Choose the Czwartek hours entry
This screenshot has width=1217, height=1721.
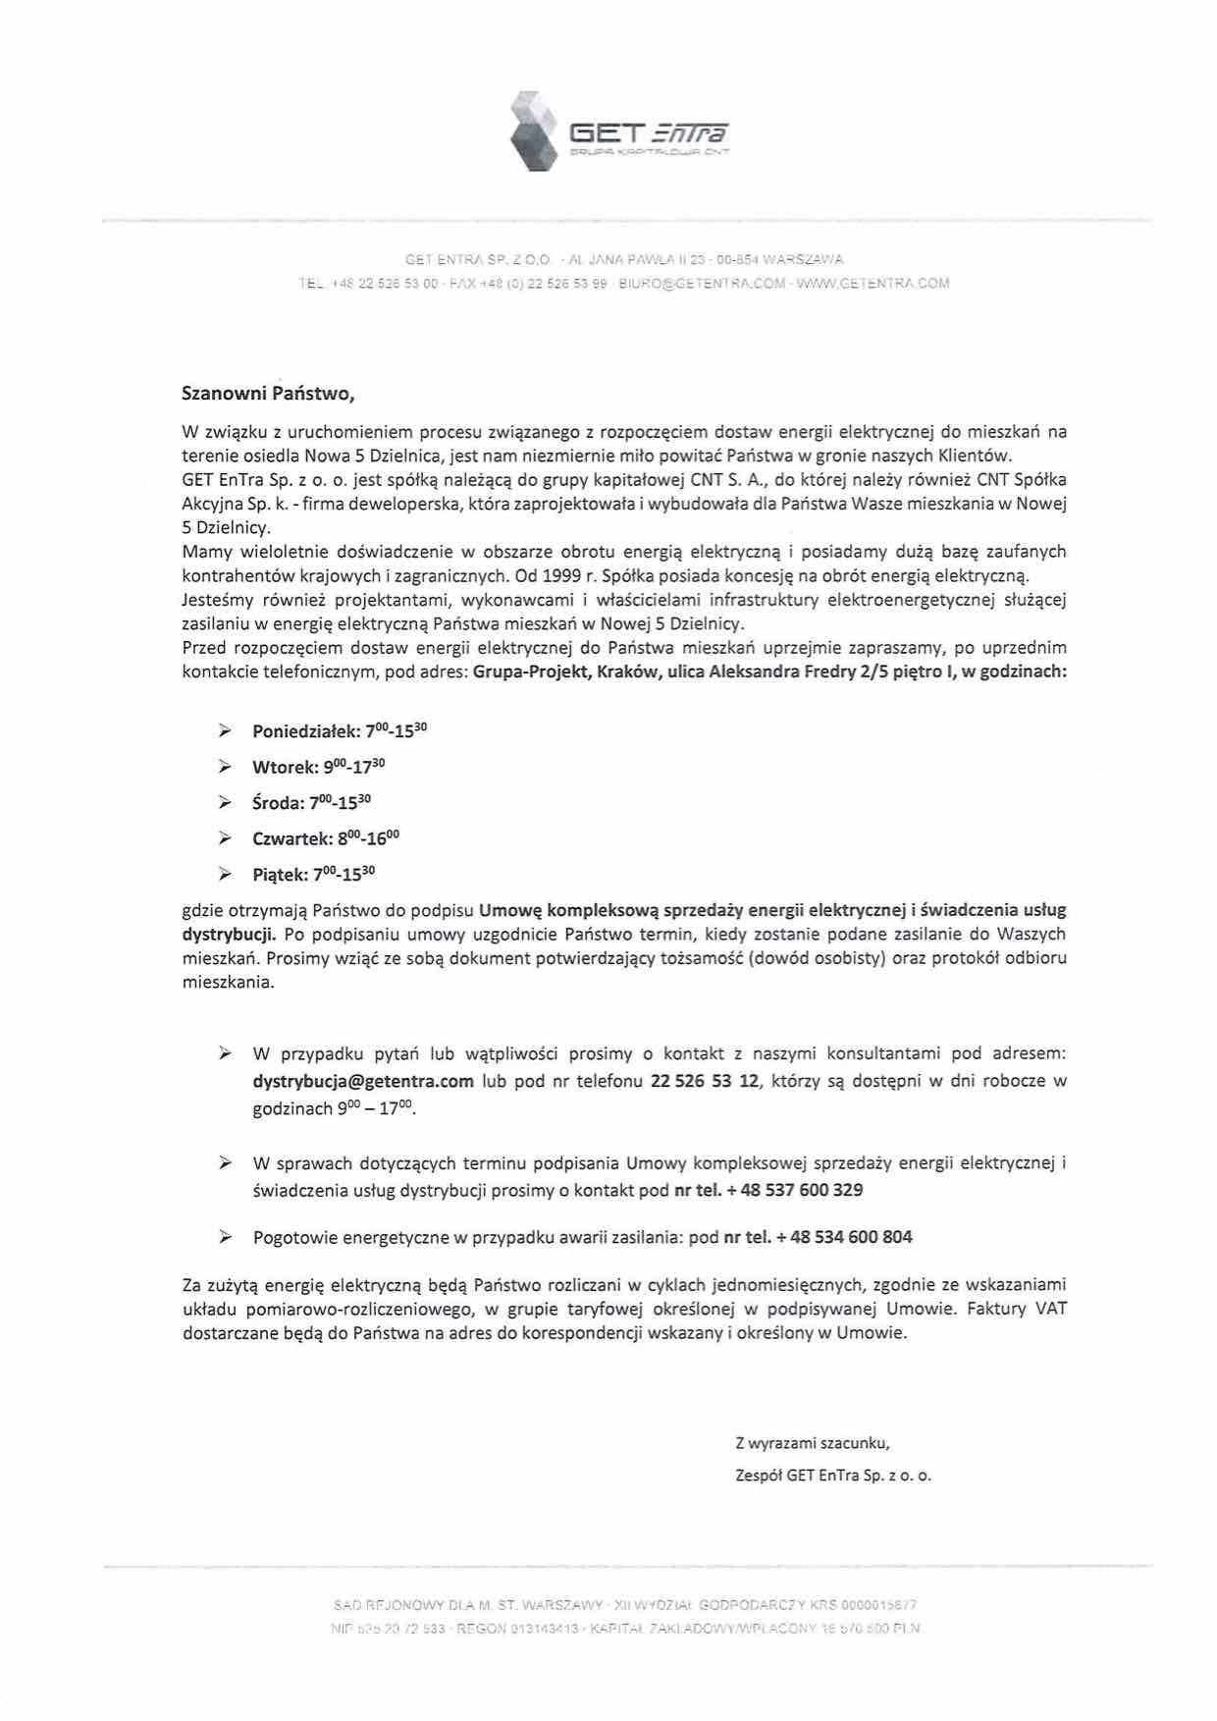click(x=326, y=838)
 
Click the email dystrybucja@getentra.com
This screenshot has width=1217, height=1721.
click(x=363, y=1081)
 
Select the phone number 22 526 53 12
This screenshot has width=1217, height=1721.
click(x=705, y=1081)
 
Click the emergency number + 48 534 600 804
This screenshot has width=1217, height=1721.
click(x=843, y=1237)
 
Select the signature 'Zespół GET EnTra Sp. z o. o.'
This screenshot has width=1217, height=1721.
click(x=833, y=1475)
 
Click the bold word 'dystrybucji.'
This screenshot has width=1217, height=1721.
click(x=230, y=934)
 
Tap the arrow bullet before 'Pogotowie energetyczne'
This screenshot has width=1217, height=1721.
click(x=225, y=1237)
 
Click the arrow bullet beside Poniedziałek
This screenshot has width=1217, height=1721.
click(x=225, y=731)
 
